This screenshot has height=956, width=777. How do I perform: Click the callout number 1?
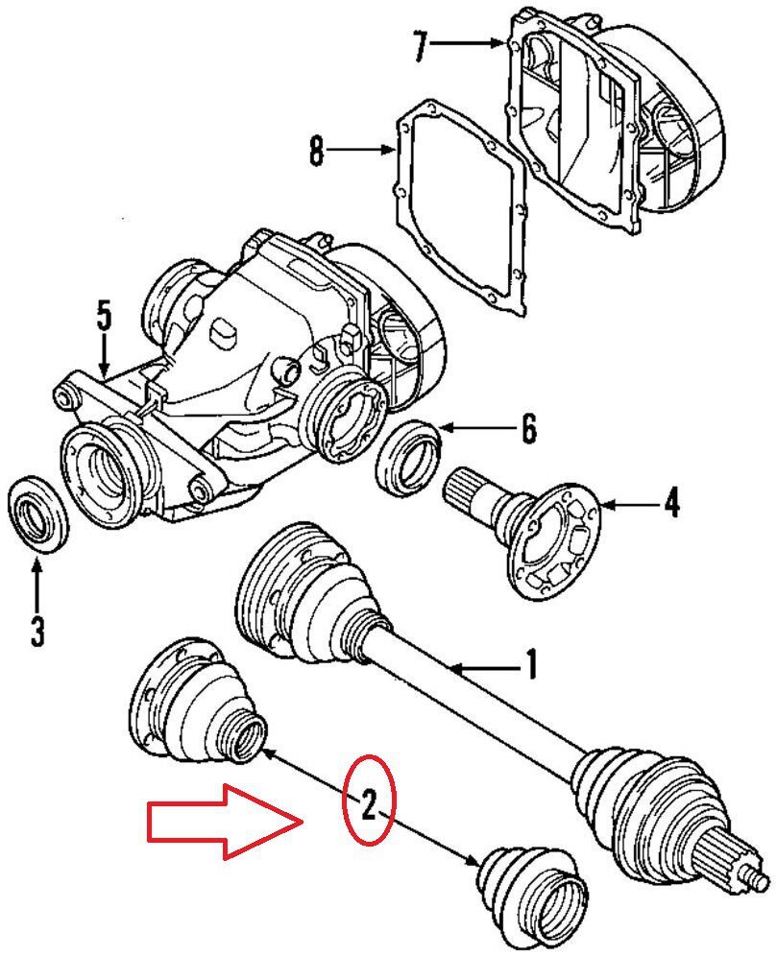pos(528,664)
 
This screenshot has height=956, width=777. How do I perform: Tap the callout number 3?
pos(36,632)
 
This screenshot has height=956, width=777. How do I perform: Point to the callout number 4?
pos(671,502)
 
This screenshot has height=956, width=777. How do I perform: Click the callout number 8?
pos(316,152)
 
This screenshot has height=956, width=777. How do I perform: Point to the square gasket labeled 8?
pos(461,206)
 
